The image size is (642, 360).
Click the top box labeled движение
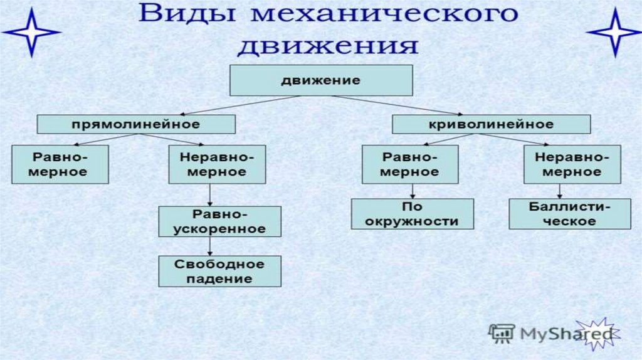tap(320, 81)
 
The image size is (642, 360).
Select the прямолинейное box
tap(136, 124)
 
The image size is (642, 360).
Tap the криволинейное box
tap(491, 124)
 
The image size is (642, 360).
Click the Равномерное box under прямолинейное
tap(60, 164)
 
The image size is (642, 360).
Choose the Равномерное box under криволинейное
tap(409, 164)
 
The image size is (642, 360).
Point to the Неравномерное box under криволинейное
tap(572, 164)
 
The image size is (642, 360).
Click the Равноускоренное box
tap(219, 221)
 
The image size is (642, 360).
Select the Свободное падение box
tap(219, 271)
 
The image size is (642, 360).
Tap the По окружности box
tap(412, 214)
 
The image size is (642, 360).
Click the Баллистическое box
tap(569, 214)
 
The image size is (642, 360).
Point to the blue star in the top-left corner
tap(30, 31)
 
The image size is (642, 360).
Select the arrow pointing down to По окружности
tap(412, 191)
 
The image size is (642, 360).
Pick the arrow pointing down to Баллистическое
tap(559, 191)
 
